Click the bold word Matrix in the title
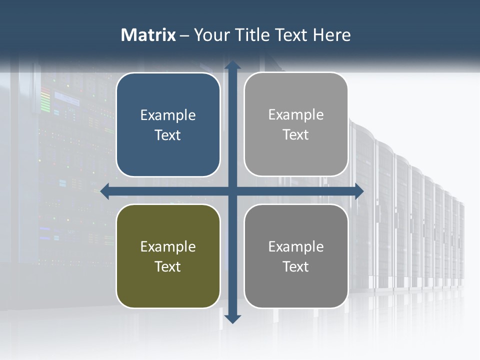[148, 35]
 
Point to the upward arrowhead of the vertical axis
[232, 65]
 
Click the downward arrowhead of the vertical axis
[232, 318]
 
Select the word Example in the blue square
[168, 115]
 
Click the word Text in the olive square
[168, 266]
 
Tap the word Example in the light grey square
[296, 115]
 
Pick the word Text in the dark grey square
[296, 266]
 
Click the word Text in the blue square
[168, 135]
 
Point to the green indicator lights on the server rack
[45, 100]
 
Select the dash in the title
[184, 35]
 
